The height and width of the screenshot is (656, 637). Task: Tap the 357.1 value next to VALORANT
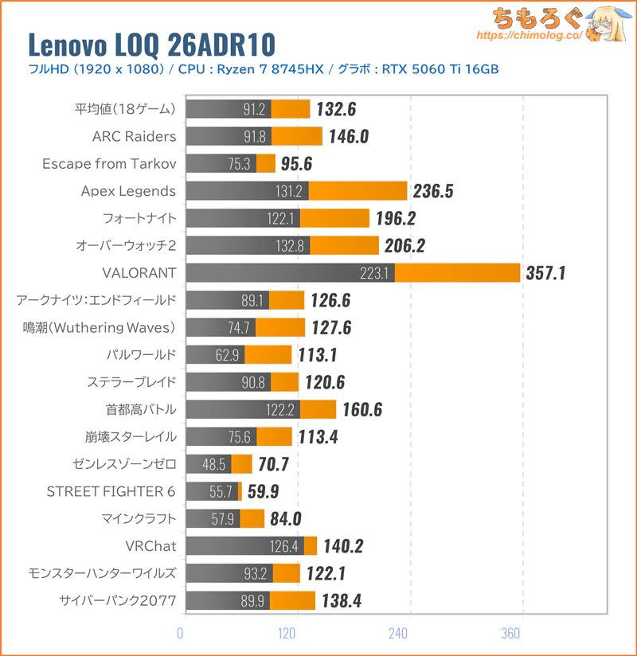coord(545,274)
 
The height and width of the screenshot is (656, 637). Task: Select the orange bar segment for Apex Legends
coord(358,191)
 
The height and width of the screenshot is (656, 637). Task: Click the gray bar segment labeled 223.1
coord(290,274)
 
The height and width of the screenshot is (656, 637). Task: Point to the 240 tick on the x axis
coord(398,634)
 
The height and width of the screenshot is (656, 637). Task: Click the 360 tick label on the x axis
coord(511,634)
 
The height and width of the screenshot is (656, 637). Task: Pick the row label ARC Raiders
coord(134,136)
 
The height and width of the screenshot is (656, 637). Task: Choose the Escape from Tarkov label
coord(109,164)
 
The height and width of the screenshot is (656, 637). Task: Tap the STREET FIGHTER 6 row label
coord(112,490)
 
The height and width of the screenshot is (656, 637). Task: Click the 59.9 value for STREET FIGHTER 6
coord(263,491)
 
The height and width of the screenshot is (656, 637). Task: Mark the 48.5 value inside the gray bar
coord(217,463)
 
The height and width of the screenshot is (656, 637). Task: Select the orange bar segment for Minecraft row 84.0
coord(252,518)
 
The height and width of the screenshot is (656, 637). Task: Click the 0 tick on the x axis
coord(181,634)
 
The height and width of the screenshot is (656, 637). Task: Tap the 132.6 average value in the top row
coord(336,109)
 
